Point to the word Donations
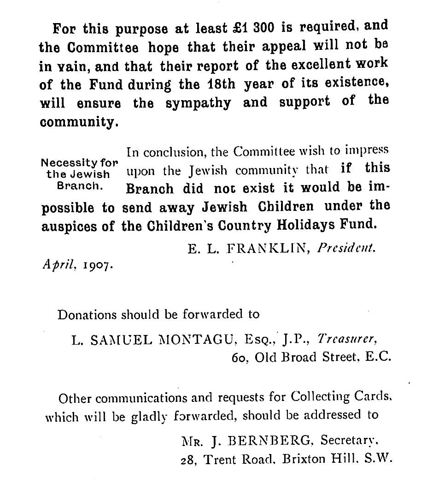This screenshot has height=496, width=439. tap(87, 315)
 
